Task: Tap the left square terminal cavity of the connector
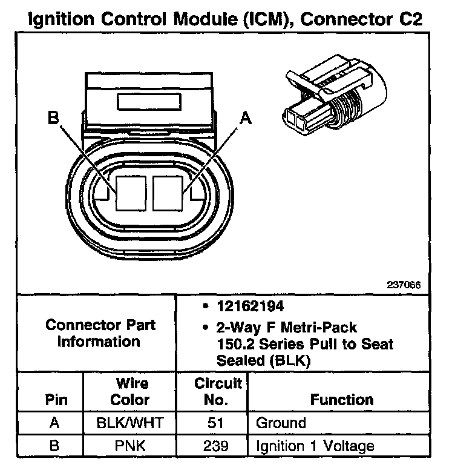(131, 193)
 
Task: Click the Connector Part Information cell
(100, 333)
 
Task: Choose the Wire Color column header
(131, 391)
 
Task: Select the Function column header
(342, 400)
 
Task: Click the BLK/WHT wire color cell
(130, 423)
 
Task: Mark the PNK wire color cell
(130, 447)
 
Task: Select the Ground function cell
(281, 423)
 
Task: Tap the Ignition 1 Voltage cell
(315, 447)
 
